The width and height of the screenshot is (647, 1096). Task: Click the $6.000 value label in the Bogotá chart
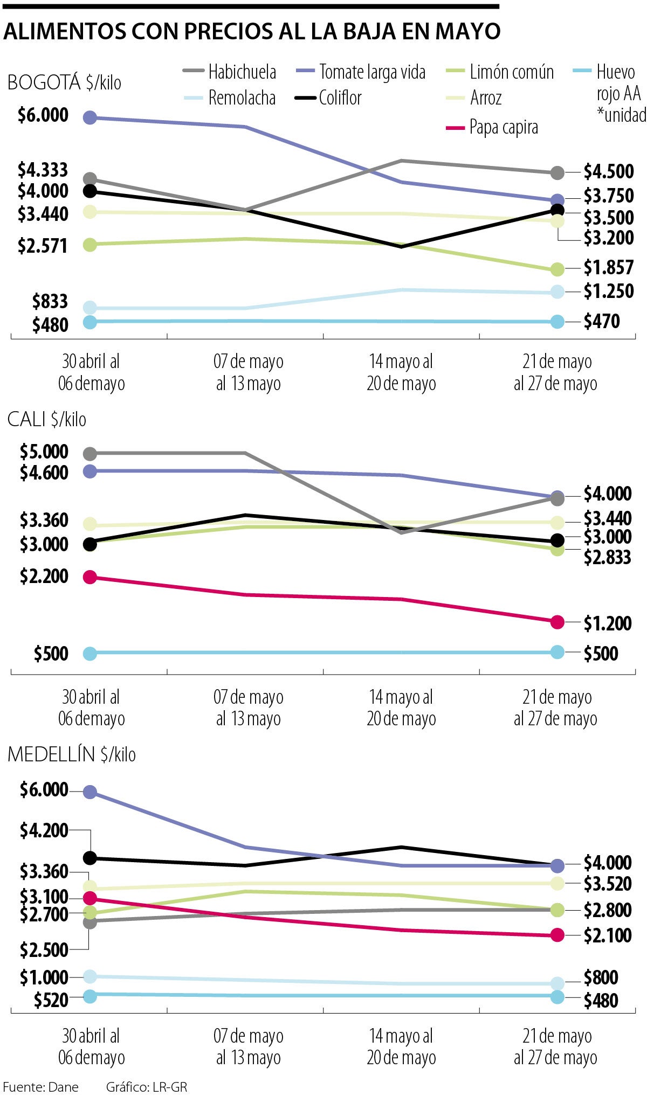tap(43, 115)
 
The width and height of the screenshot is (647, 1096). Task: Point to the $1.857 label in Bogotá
tap(609, 267)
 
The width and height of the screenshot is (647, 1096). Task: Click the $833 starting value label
tap(50, 301)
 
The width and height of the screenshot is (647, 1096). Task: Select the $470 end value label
tap(602, 321)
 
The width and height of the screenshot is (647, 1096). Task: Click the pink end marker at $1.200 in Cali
tap(557, 622)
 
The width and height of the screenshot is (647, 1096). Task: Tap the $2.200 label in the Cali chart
tap(44, 576)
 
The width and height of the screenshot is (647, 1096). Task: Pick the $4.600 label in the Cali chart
tap(44, 473)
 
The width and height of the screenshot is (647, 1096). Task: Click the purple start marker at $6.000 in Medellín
tap(90, 792)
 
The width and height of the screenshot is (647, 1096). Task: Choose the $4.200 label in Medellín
tap(44, 830)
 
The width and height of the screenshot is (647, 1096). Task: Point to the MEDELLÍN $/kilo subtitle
tap(72, 754)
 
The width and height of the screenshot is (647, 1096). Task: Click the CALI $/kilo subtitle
tap(47, 419)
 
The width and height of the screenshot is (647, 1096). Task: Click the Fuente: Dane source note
tap(41, 1086)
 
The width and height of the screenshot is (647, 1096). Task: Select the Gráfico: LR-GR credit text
tap(146, 1086)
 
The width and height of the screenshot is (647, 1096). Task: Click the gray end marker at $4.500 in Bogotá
tap(557, 173)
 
